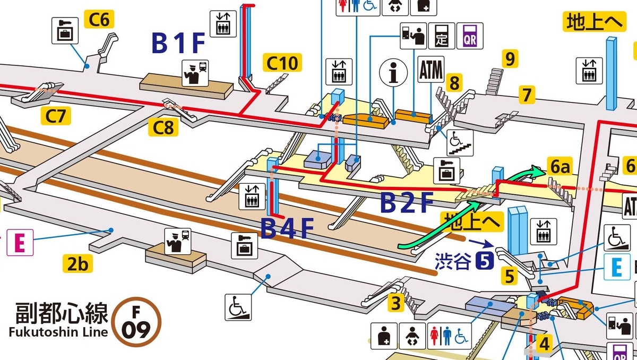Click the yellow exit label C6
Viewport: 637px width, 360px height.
(99, 19)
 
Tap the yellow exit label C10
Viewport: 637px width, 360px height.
(282, 63)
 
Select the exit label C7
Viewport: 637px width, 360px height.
(56, 116)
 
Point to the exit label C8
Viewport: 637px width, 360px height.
(163, 127)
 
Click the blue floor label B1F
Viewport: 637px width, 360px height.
(178, 43)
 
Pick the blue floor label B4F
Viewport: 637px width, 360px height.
(287, 228)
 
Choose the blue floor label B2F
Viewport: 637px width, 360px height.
(407, 202)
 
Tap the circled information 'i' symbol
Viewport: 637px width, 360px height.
(393, 73)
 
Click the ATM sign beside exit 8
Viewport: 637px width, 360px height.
(431, 69)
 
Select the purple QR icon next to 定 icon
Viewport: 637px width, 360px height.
(470, 36)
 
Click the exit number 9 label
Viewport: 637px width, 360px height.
(510, 59)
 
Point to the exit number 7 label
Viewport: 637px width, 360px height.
(527, 95)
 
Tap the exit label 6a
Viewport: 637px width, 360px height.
(560, 166)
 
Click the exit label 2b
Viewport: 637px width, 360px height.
(78, 263)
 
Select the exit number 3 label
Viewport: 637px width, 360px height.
(396, 303)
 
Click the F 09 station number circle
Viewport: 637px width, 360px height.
(136, 322)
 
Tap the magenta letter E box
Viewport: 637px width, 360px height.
(20, 243)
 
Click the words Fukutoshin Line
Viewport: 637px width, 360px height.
(58, 332)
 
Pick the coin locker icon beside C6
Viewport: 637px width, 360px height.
(65, 30)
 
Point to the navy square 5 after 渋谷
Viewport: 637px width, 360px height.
(484, 261)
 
